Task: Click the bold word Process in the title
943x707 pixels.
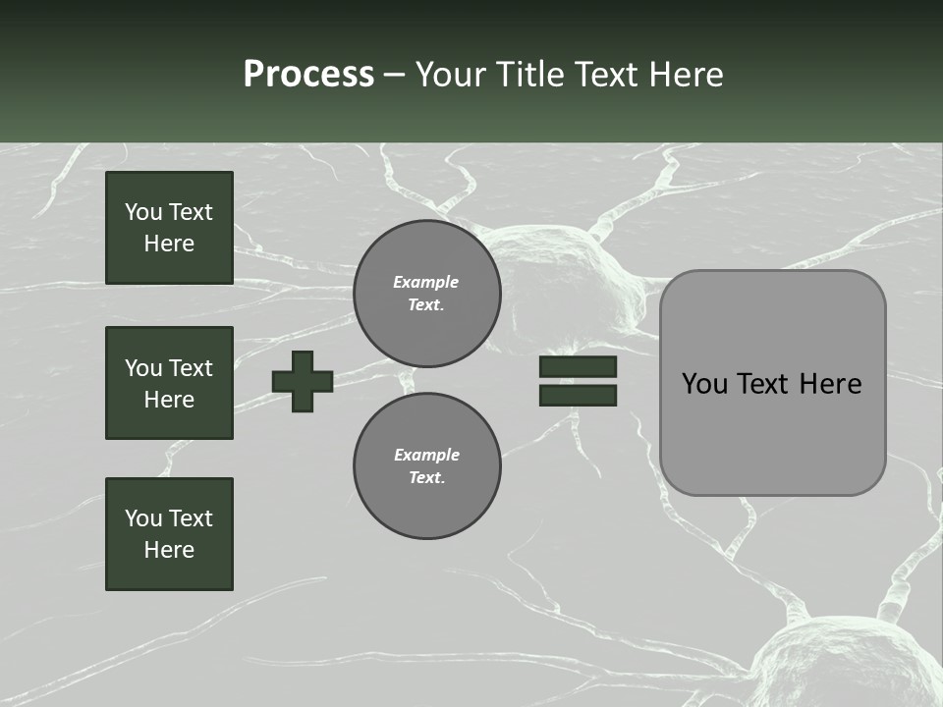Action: click(308, 75)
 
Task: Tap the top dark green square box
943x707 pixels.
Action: click(169, 228)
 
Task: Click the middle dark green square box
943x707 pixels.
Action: click(169, 383)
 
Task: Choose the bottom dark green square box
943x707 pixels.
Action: click(169, 534)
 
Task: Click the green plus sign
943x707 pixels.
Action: click(303, 381)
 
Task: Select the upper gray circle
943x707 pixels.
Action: click(426, 294)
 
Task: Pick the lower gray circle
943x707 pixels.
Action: click(426, 466)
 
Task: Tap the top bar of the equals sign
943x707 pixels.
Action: click(578, 367)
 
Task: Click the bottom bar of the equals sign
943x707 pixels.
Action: click(578, 395)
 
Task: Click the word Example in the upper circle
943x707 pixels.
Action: click(425, 282)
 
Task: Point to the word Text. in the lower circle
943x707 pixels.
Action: click(426, 478)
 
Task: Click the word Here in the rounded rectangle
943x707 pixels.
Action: click(830, 384)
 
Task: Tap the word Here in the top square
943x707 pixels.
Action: click(169, 244)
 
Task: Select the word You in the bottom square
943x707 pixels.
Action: click(143, 518)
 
